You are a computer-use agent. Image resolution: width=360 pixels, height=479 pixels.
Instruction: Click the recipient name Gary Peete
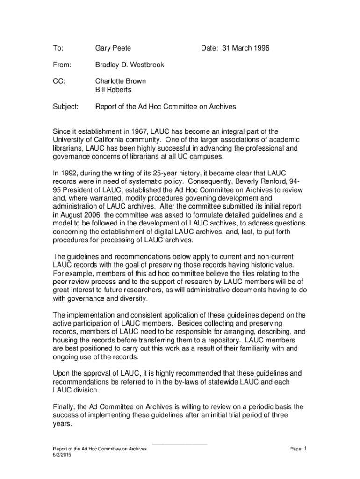(113, 48)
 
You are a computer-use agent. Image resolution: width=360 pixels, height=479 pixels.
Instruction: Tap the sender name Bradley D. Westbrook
(130, 65)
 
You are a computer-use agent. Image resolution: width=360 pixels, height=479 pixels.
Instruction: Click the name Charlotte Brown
(121, 81)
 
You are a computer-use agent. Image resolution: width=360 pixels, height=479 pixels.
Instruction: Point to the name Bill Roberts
(113, 89)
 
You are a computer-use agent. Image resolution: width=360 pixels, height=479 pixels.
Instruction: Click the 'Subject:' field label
(65, 107)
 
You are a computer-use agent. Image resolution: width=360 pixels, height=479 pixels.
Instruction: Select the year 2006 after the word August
(96, 215)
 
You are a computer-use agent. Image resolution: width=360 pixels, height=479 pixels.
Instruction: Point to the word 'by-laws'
(185, 382)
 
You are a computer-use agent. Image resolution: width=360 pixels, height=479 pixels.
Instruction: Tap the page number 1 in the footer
(305, 449)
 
